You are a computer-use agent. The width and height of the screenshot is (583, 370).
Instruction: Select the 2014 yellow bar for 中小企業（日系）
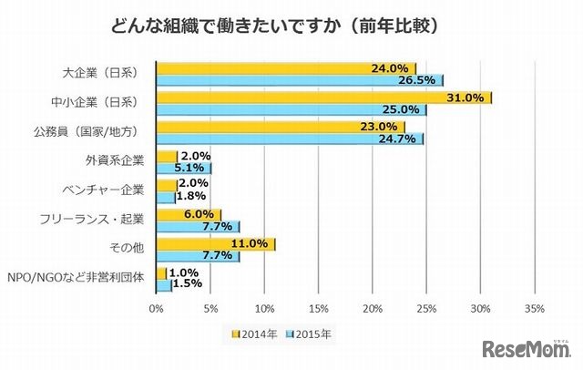tap(323, 98)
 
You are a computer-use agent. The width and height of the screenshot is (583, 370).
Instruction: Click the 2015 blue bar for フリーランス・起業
tap(198, 226)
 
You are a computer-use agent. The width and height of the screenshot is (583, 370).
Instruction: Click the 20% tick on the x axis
tap(373, 308)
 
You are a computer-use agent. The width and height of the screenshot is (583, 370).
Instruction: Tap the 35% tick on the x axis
tap(534, 308)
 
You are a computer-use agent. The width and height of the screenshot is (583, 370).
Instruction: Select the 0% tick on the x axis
tap(157, 308)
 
